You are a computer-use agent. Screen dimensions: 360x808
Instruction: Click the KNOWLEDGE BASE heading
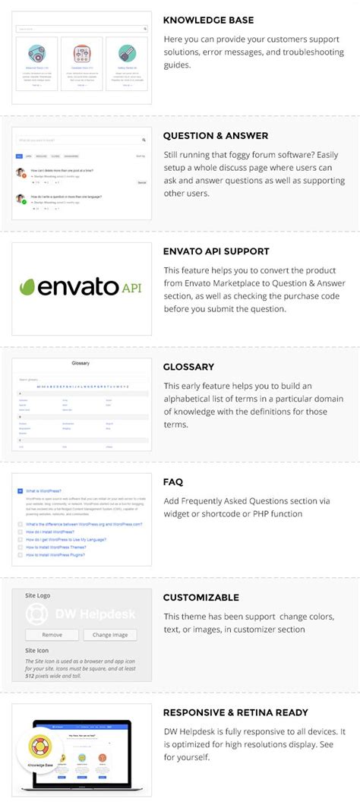(x=209, y=20)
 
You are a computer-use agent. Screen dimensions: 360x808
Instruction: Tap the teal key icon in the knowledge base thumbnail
(x=127, y=53)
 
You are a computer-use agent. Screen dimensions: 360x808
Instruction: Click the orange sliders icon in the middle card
(x=81, y=53)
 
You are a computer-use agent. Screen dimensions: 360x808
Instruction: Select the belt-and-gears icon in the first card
(x=36, y=53)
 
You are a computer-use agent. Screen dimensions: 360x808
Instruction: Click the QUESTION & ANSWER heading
(x=216, y=135)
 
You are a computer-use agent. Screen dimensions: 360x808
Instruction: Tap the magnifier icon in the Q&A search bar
(x=144, y=140)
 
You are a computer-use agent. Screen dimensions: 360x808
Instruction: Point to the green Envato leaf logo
(x=29, y=287)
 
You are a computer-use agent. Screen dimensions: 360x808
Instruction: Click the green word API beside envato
(x=131, y=287)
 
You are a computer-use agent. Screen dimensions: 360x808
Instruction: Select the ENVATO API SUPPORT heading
(x=216, y=251)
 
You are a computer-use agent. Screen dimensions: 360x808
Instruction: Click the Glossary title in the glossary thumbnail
(x=81, y=363)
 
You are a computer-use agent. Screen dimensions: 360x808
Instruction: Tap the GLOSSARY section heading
(x=188, y=366)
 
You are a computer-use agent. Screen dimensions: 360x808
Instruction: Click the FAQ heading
(x=172, y=481)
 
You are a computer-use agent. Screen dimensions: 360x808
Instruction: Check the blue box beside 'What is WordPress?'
(x=20, y=491)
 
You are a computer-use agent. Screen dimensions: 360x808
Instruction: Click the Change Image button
(x=115, y=634)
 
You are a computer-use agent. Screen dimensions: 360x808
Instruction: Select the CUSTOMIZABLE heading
(x=201, y=597)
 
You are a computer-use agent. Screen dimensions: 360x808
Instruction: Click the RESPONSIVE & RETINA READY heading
(x=235, y=712)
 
